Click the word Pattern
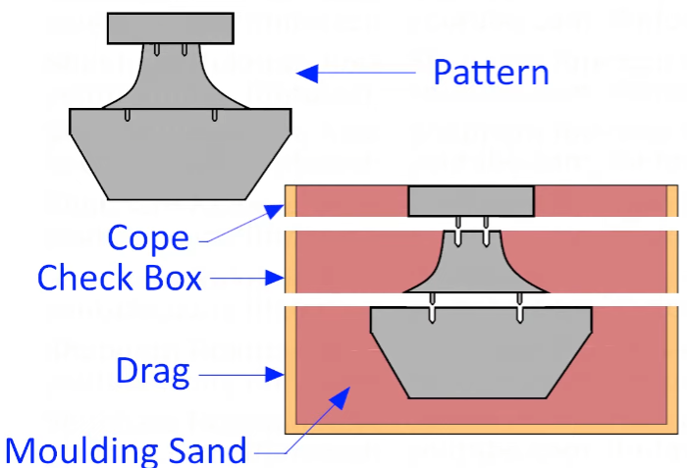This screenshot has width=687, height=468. pos(491,73)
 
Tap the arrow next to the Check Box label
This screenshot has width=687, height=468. pos(245,278)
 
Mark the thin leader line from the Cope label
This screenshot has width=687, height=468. pos(240,227)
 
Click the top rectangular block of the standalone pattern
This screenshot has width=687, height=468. pos(170,27)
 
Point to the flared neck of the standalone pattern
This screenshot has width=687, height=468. pos(171,78)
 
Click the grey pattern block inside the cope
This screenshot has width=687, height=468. pos(471,201)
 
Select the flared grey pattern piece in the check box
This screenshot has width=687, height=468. pos(472,265)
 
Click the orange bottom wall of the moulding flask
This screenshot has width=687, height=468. pos(481,429)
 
